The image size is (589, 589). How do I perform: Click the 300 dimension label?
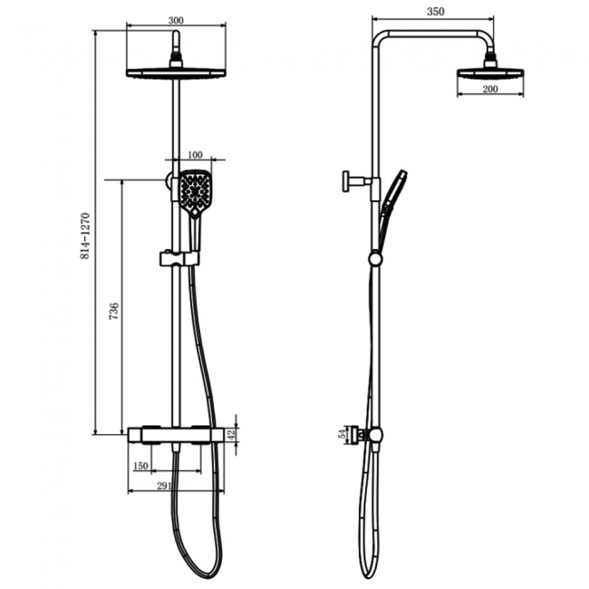pyautogui.click(x=176, y=20)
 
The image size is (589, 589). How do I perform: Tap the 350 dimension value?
pyautogui.click(x=435, y=12)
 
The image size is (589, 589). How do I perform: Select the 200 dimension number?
pyautogui.click(x=490, y=89)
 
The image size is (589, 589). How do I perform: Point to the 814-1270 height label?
pyautogui.click(x=85, y=236)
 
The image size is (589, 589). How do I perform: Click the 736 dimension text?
pyautogui.click(x=113, y=311)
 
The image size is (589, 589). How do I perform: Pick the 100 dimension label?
pyautogui.click(x=195, y=155)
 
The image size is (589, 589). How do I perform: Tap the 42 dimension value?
pyautogui.click(x=232, y=435)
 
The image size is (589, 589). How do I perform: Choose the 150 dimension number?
pyautogui.click(x=140, y=466)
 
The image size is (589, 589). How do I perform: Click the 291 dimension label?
pyautogui.click(x=164, y=486)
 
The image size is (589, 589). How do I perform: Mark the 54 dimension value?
pyautogui.click(x=343, y=434)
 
